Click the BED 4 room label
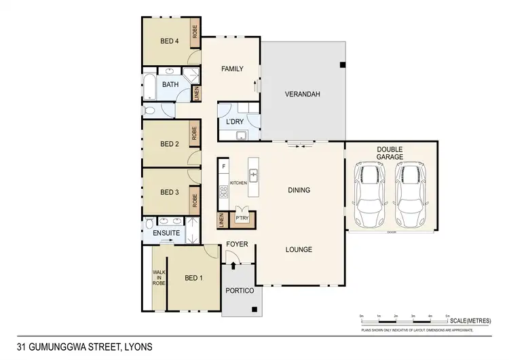[x=169, y=41]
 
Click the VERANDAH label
[x=302, y=94]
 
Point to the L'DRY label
[x=234, y=122]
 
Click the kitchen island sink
[x=253, y=175]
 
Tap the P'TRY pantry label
[x=241, y=218]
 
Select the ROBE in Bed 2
[x=194, y=133]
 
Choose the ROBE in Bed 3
[x=194, y=200]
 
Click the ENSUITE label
[x=166, y=233]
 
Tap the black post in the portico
[x=254, y=310]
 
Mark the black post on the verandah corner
[x=343, y=65]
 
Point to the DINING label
[x=299, y=190]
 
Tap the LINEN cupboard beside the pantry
[x=221, y=220]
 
